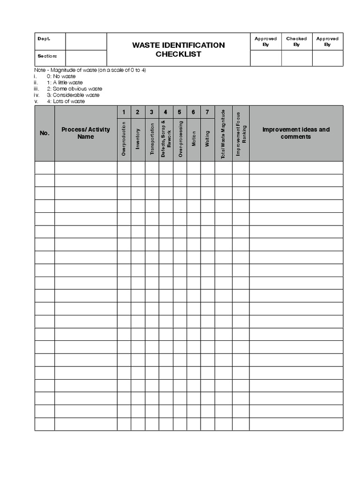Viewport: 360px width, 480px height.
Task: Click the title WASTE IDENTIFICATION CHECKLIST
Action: click(x=178, y=49)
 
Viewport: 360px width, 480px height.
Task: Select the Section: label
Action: click(x=47, y=56)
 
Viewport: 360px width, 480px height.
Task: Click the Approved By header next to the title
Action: click(x=265, y=41)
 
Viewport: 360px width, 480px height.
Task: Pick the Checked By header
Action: click(x=296, y=41)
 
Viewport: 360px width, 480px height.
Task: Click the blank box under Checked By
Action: click(x=296, y=58)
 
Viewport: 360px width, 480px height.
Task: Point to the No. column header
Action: click(x=45, y=133)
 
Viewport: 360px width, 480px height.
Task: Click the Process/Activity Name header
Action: click(x=86, y=133)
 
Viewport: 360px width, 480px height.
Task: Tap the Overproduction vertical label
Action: click(x=124, y=138)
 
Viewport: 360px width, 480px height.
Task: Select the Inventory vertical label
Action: click(x=138, y=139)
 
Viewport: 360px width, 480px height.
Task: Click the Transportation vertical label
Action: click(x=152, y=139)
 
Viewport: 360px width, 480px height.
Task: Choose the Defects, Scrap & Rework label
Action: click(x=166, y=139)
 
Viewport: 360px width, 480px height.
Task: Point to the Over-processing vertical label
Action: click(x=180, y=138)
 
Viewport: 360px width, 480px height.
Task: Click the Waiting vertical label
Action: click(x=207, y=139)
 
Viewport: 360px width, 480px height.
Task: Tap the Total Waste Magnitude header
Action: click(x=224, y=134)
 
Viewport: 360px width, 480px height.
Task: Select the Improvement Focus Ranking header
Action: click(x=240, y=134)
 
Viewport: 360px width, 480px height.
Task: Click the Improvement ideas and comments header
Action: click(x=296, y=133)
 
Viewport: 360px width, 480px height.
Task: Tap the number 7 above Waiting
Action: click(x=207, y=112)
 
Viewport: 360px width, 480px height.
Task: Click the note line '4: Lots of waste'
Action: click(x=66, y=101)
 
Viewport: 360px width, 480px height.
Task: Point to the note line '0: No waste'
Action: click(x=61, y=76)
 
